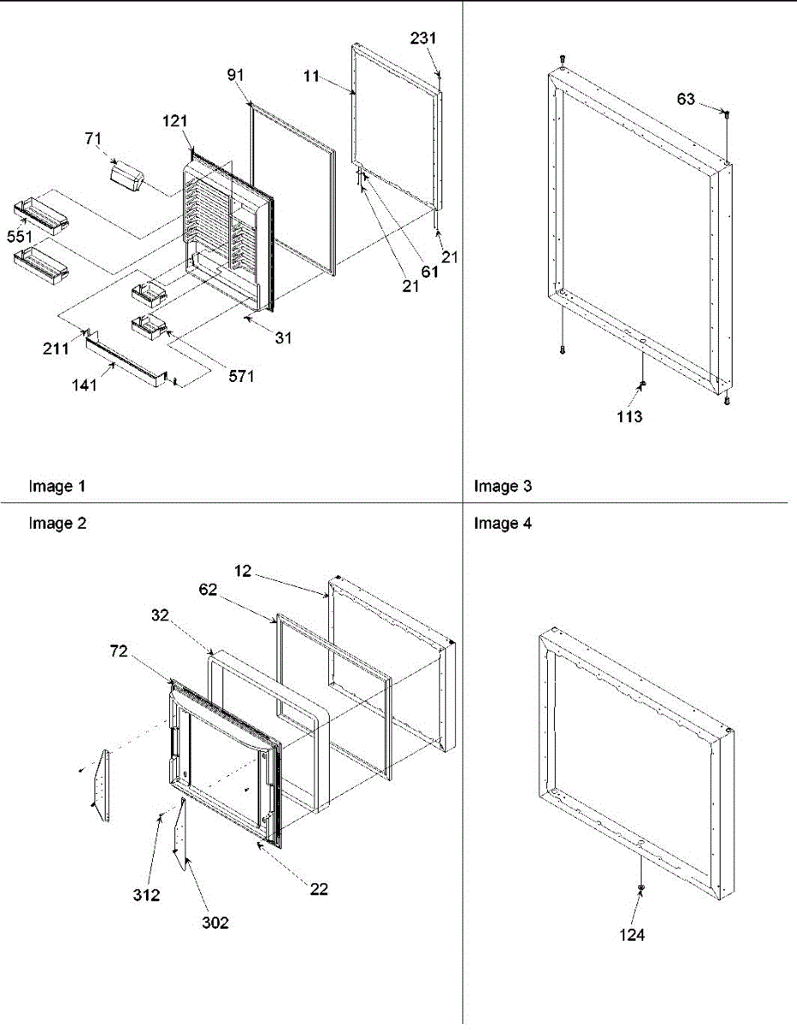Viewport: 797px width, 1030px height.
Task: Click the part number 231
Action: click(x=422, y=39)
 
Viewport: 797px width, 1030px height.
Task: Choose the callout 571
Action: click(x=242, y=375)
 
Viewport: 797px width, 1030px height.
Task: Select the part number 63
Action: click(x=686, y=100)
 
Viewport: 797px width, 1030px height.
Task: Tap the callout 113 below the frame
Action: click(x=629, y=418)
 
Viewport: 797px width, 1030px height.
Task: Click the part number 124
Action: click(x=631, y=935)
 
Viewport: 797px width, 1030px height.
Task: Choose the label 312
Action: click(x=148, y=895)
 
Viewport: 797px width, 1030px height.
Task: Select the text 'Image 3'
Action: click(x=502, y=487)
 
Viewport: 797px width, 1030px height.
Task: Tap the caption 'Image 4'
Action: click(x=502, y=523)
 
